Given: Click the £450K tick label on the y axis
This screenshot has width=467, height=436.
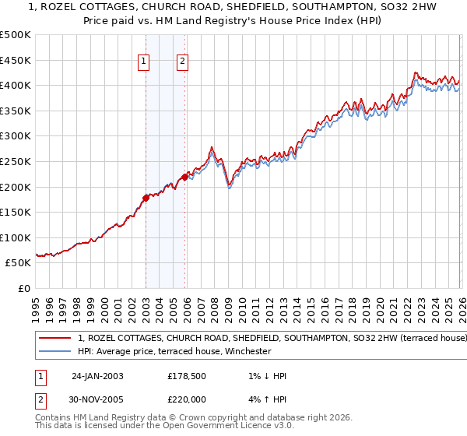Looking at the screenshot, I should [16, 60].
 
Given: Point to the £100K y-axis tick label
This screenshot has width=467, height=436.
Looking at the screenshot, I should [16, 237].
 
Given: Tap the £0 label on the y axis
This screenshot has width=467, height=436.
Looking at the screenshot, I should [25, 288].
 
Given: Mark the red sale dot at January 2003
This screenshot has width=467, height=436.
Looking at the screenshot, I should [146, 197].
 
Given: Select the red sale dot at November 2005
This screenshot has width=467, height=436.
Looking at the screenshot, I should [185, 177].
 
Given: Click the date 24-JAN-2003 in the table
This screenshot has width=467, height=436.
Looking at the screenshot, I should [97, 376].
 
